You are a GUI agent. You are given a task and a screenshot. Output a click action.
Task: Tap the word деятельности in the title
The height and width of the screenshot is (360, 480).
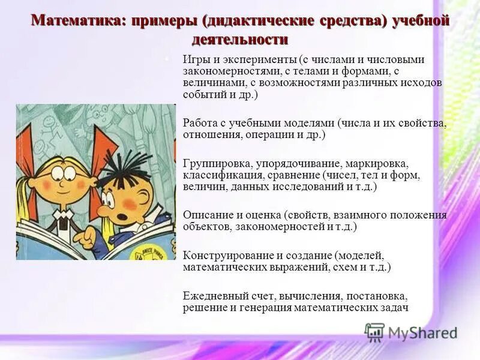(x=240, y=40)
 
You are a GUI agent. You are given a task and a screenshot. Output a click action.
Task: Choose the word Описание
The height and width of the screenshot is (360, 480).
(x=205, y=215)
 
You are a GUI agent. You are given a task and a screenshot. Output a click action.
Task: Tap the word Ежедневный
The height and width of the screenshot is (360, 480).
(x=211, y=296)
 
